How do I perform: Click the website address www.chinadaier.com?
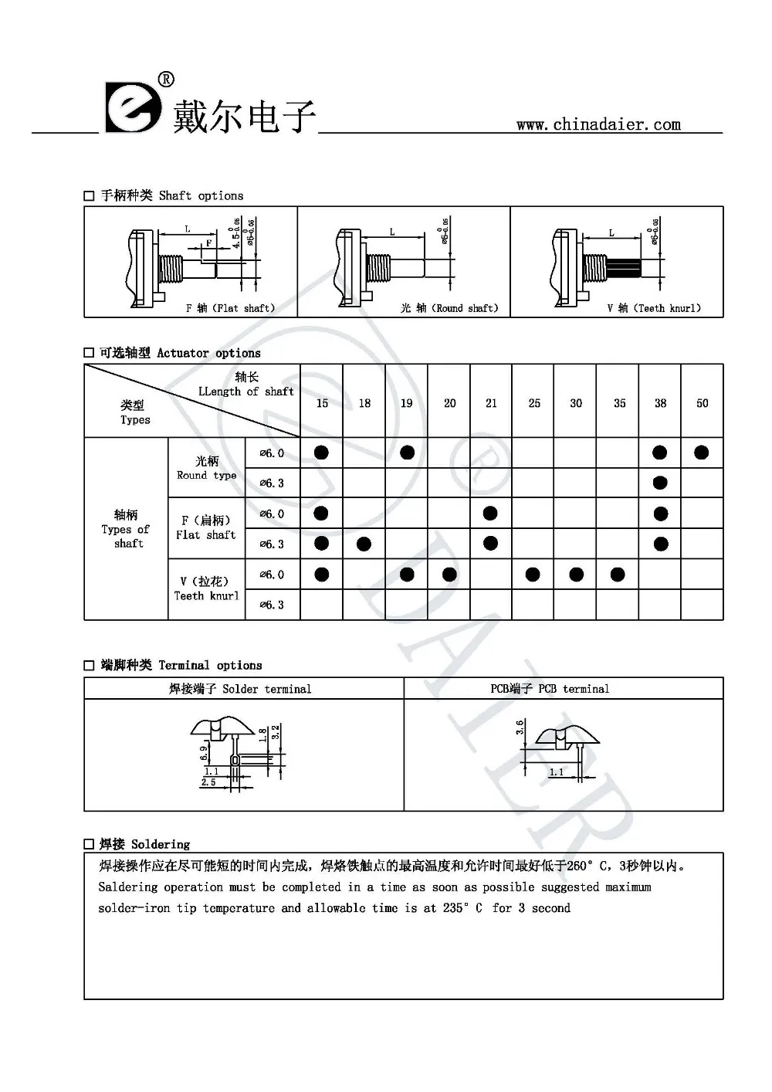coord(598,124)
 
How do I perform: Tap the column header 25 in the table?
coord(534,403)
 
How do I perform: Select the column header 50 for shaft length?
coord(702,403)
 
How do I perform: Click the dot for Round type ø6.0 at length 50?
coord(701,453)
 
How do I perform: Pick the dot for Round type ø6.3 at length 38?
coord(660,483)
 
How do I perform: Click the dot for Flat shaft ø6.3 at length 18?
coord(364,544)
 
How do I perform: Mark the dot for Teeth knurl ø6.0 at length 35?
coord(618,574)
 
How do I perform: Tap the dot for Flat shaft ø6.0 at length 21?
coord(490,514)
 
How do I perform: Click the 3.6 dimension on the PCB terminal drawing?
coord(520,727)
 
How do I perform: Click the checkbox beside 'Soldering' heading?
coord(90,845)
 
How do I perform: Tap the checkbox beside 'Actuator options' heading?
coord(90,353)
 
